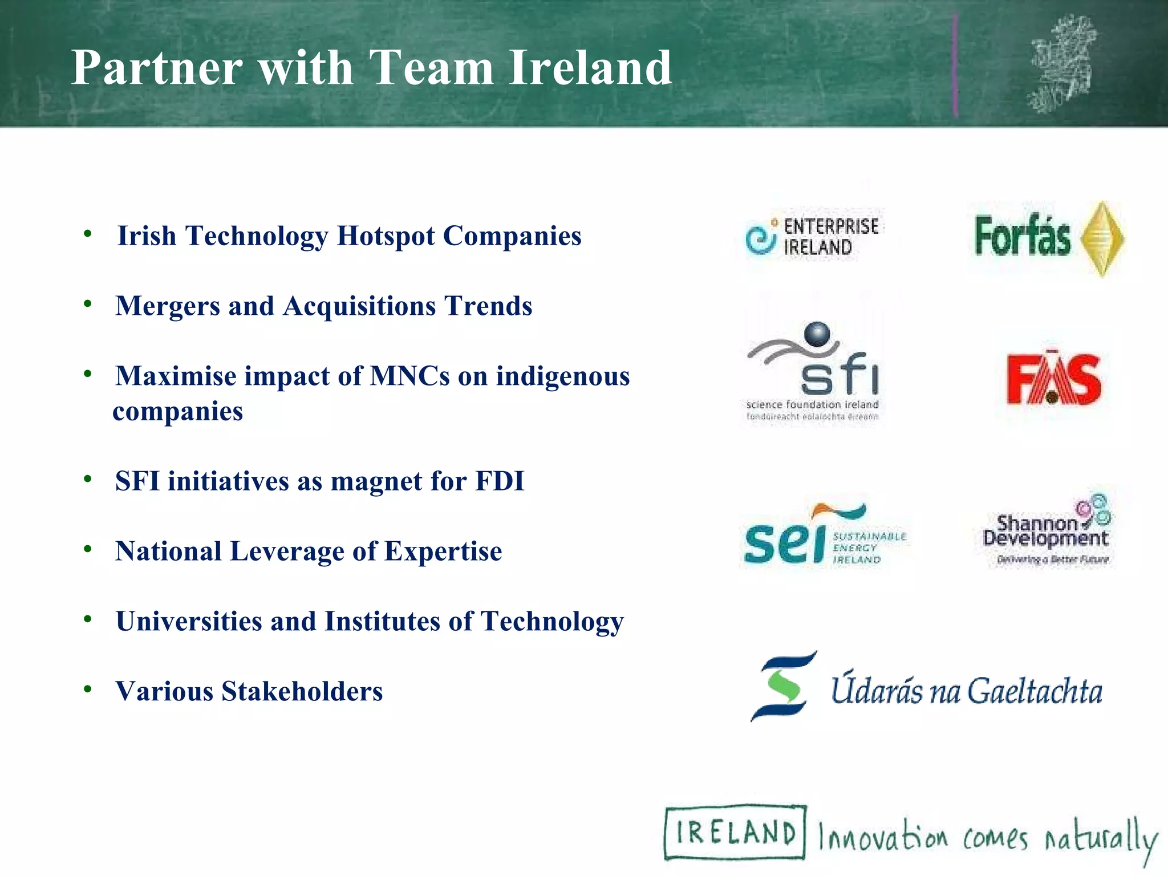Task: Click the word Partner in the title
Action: pyautogui.click(x=156, y=68)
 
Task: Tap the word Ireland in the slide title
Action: pyautogui.click(x=590, y=68)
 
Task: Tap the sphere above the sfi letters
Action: pyautogui.click(x=817, y=334)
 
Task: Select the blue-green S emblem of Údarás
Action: pyautogui.click(x=784, y=686)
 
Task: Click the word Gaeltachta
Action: pyautogui.click(x=1035, y=691)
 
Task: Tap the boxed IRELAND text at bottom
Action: pyautogui.click(x=735, y=833)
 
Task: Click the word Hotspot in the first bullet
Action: pyautogui.click(x=386, y=236)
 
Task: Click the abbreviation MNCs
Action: pyautogui.click(x=409, y=376)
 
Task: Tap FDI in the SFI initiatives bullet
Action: pyautogui.click(x=500, y=481)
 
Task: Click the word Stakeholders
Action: pyautogui.click(x=302, y=692)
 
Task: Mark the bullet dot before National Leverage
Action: pyautogui.click(x=87, y=550)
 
